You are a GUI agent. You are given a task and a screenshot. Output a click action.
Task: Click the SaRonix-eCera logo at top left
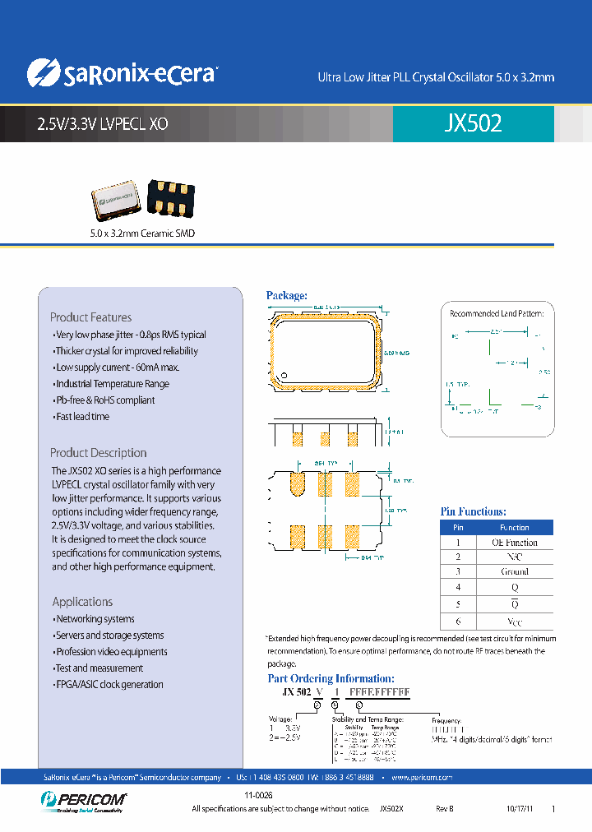click(121, 73)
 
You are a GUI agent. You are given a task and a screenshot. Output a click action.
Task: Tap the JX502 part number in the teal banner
click(473, 123)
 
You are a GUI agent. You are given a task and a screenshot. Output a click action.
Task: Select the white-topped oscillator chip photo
click(114, 200)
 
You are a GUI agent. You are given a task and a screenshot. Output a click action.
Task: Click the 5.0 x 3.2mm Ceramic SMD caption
click(142, 233)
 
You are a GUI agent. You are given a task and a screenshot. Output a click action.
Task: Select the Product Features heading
click(90, 317)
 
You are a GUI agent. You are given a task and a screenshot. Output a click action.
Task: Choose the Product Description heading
click(98, 453)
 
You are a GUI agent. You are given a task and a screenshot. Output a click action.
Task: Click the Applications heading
click(82, 602)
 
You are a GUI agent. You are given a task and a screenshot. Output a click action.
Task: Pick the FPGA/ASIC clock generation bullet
click(108, 685)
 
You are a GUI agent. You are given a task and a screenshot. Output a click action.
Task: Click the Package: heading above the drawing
click(286, 295)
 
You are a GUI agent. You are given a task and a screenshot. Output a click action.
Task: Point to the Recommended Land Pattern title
click(497, 313)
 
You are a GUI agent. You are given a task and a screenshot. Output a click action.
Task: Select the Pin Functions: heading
click(473, 511)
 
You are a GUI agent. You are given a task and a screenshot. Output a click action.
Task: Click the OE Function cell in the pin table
click(514, 543)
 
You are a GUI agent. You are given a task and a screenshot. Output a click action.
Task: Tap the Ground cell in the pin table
click(514, 571)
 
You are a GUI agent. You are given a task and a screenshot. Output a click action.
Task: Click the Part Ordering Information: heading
click(331, 678)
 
